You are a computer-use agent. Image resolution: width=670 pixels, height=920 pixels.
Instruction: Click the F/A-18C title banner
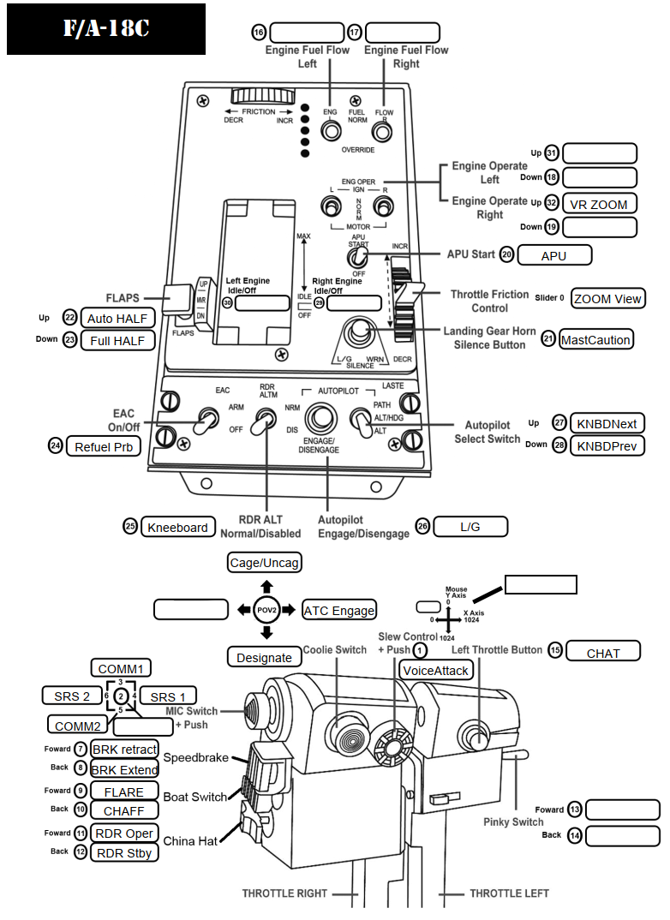tap(106, 29)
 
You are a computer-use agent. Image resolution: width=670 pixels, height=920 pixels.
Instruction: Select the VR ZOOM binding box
tap(600, 204)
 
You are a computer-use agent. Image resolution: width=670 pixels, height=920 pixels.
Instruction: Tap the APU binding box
tap(554, 255)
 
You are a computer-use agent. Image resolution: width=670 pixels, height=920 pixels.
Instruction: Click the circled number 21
tap(549, 339)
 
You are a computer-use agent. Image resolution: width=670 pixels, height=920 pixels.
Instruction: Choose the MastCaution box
tap(596, 339)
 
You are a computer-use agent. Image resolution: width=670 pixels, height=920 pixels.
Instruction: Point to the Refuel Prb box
tap(105, 446)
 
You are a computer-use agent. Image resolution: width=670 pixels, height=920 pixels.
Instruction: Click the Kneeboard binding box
tap(178, 527)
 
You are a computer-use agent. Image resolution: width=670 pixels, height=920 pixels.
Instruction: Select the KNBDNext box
tap(607, 423)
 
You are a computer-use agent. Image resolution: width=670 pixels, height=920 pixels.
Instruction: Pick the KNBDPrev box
tap(607, 445)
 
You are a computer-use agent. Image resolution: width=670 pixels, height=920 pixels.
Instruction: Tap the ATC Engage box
tap(339, 610)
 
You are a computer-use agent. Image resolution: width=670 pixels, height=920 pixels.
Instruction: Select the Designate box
tap(265, 657)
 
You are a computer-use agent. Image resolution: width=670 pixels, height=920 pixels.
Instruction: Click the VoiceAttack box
tap(436, 671)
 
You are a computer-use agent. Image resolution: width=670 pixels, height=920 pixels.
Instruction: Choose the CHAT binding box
tap(603, 653)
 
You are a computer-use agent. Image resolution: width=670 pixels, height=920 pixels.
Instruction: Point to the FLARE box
tap(124, 791)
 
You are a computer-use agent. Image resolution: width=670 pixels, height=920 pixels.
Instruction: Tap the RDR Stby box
tap(124, 852)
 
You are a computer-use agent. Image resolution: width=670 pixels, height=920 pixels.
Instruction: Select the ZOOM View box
tap(607, 298)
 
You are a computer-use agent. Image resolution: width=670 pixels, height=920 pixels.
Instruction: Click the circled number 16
tap(259, 33)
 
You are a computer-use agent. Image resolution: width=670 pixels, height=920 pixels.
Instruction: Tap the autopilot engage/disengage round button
tap(322, 418)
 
